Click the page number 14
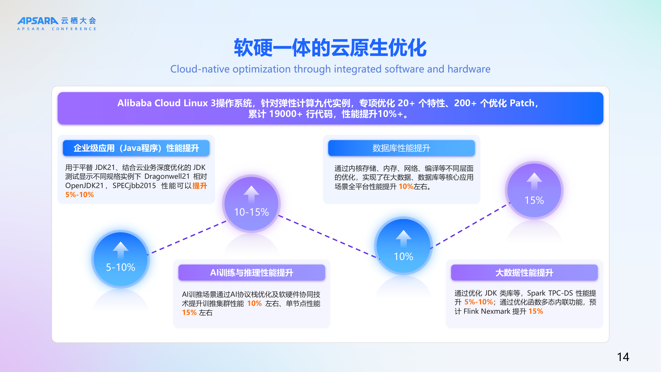pyautogui.click(x=623, y=357)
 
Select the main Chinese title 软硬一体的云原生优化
pyautogui.click(x=330, y=48)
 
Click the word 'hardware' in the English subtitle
pyautogui.click(x=469, y=69)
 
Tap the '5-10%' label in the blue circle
pyautogui.click(x=121, y=267)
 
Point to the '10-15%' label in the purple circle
pyautogui.click(x=251, y=212)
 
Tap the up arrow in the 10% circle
pyautogui.click(x=403, y=238)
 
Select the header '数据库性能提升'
pyautogui.click(x=401, y=148)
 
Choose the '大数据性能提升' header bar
pyautogui.click(x=524, y=273)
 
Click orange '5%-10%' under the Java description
pyautogui.click(x=80, y=195)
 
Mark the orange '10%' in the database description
pyautogui.click(x=406, y=186)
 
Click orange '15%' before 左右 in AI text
pyautogui.click(x=189, y=312)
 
